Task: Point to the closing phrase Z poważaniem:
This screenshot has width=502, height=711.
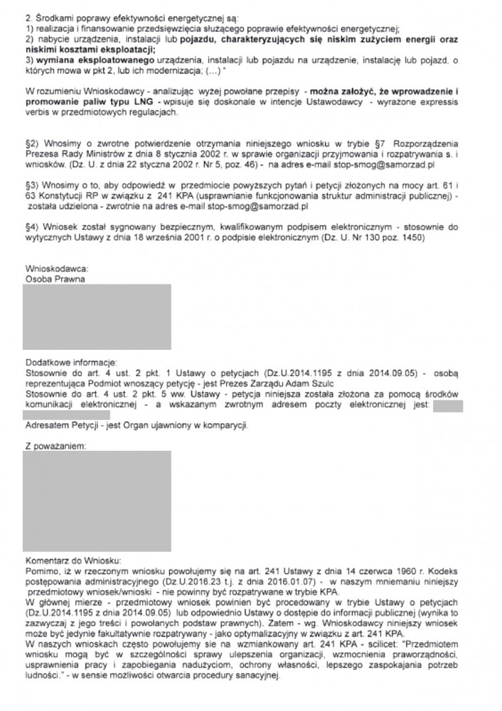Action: tap(55, 444)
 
